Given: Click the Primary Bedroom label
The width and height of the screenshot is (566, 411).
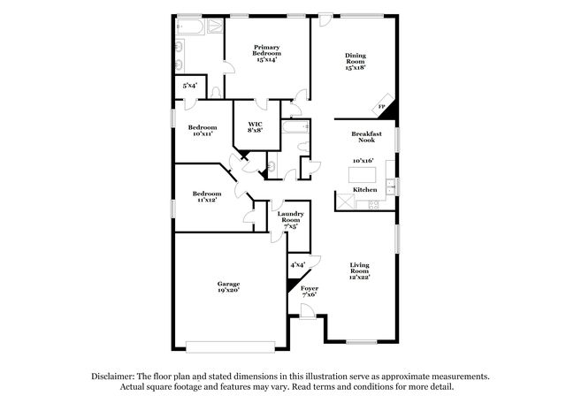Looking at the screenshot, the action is pyautogui.click(x=267, y=53).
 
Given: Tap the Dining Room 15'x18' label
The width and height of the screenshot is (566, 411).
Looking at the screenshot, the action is pyautogui.click(x=356, y=61).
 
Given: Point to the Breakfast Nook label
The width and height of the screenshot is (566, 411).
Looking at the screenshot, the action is pyautogui.click(x=366, y=137).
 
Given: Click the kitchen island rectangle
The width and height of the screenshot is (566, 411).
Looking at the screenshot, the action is pyautogui.click(x=362, y=175).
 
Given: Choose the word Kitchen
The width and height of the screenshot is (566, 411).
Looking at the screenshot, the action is pyautogui.click(x=365, y=189).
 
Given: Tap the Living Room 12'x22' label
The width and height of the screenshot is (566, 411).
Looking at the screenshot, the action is pyautogui.click(x=360, y=271).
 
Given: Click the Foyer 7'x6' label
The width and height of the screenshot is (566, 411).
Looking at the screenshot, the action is pyautogui.click(x=310, y=291).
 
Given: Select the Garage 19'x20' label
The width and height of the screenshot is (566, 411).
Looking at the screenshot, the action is pyautogui.click(x=228, y=286).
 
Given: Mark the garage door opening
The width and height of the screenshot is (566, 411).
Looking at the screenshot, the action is pyautogui.click(x=231, y=346).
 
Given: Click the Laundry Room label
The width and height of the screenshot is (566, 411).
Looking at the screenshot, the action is pyautogui.click(x=291, y=220).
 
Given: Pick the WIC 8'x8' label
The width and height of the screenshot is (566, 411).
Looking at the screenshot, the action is pyautogui.click(x=255, y=127).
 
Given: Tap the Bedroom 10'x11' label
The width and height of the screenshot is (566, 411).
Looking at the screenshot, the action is pyautogui.click(x=203, y=130).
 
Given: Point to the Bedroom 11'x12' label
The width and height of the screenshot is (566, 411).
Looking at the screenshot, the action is pyautogui.click(x=207, y=196).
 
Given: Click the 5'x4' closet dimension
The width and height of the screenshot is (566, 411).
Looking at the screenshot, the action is pyautogui.click(x=190, y=86).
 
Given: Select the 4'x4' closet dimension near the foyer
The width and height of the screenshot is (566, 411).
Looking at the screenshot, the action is pyautogui.click(x=298, y=265).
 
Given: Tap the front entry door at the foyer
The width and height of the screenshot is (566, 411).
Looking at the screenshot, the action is pyautogui.click(x=308, y=312).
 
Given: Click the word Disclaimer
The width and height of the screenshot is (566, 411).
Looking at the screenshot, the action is pyautogui.click(x=113, y=377).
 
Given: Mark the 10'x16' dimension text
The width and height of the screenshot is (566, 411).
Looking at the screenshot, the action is pyautogui.click(x=363, y=161).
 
